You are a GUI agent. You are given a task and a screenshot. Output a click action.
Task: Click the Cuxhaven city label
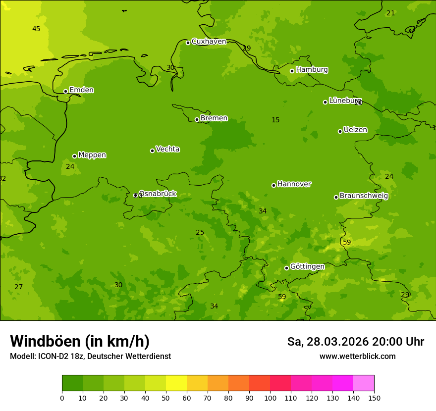(209, 42)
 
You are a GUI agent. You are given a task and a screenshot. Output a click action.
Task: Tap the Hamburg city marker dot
(292, 71)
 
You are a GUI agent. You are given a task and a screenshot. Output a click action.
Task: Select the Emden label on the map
(81, 90)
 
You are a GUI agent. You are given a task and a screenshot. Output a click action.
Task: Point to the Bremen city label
(214, 118)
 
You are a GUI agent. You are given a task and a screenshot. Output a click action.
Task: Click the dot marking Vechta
(152, 151)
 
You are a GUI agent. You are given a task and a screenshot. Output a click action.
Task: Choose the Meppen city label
(92, 155)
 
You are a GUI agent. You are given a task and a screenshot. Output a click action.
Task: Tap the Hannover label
(294, 184)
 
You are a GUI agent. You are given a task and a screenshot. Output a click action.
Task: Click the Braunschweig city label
(364, 196)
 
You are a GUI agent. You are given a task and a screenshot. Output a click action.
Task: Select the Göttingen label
(307, 267)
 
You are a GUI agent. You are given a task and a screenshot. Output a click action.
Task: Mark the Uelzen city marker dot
(340, 131)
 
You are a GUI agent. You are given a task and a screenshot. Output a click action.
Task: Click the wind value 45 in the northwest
(36, 29)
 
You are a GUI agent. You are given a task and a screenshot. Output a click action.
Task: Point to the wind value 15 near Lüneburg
(275, 120)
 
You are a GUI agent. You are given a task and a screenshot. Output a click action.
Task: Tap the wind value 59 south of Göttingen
(282, 297)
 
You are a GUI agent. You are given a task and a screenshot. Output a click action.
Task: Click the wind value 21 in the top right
(391, 13)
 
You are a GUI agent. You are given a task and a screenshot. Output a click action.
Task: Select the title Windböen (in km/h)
(80, 341)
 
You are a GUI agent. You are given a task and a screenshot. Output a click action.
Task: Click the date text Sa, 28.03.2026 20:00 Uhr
(356, 342)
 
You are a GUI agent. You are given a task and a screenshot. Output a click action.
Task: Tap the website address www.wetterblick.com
(357, 357)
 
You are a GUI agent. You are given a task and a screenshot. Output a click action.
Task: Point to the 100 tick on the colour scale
(270, 398)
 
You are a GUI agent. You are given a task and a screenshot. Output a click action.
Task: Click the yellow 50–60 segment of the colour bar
(176, 383)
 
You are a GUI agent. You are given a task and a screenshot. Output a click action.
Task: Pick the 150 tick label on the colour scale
(374, 398)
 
